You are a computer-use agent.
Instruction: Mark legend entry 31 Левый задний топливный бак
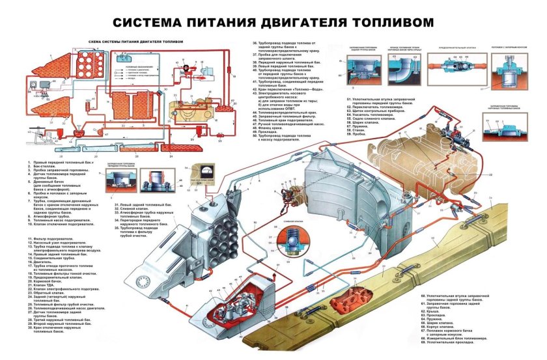pyautogui.click(x=145, y=205)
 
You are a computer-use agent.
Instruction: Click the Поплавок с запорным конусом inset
pyautogui.click(x=507, y=72)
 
